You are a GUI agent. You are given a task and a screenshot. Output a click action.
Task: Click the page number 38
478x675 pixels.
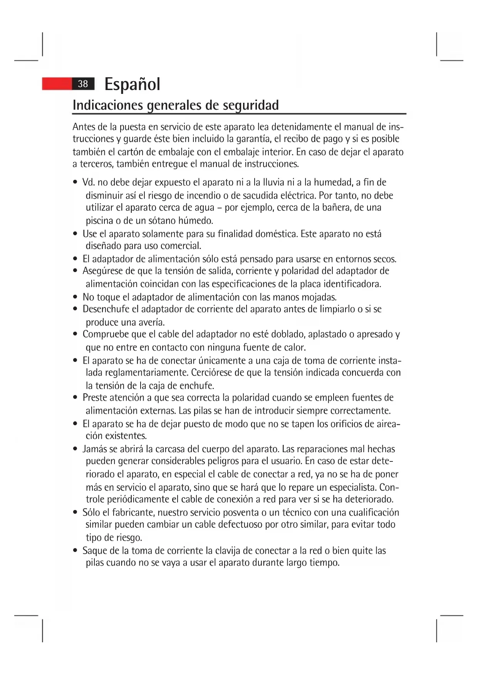pos(83,84)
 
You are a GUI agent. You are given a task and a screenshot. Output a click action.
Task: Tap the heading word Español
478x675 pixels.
pos(132,84)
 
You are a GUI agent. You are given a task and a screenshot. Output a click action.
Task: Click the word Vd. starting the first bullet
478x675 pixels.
pos(89,182)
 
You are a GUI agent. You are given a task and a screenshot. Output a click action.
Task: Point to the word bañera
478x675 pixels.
pos(335,208)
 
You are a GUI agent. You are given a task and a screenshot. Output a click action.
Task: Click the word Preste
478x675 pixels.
pos(94,398)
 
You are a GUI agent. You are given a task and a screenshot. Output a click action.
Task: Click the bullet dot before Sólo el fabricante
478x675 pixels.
pos(75,513)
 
